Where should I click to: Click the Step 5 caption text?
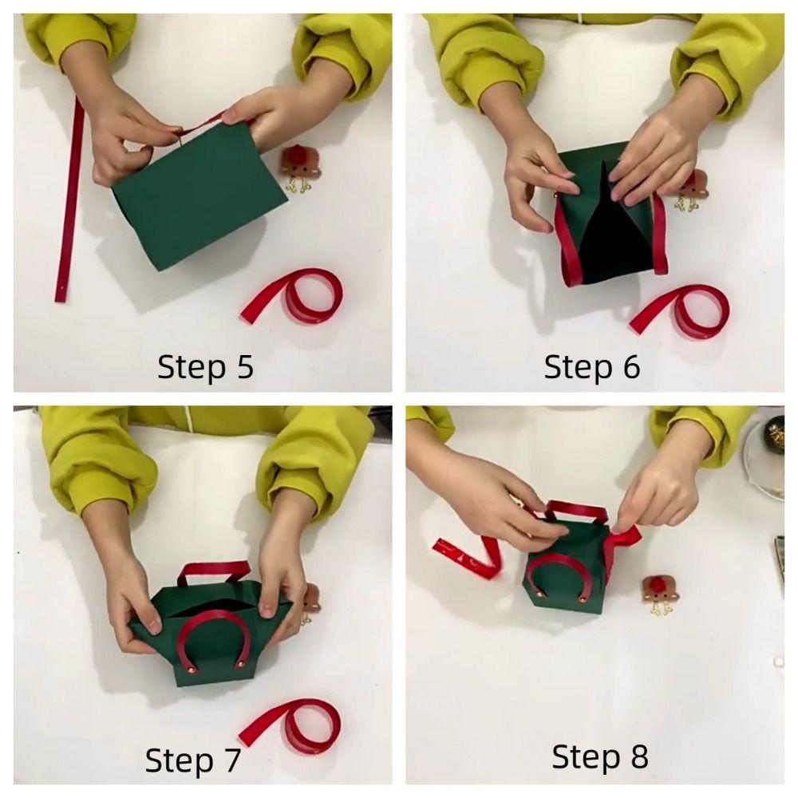tap(205, 368)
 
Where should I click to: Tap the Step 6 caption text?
tap(591, 368)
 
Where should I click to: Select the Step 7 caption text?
tap(192, 760)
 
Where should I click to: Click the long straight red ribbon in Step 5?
tap(70, 199)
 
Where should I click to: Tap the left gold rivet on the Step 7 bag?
tap(190, 674)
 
